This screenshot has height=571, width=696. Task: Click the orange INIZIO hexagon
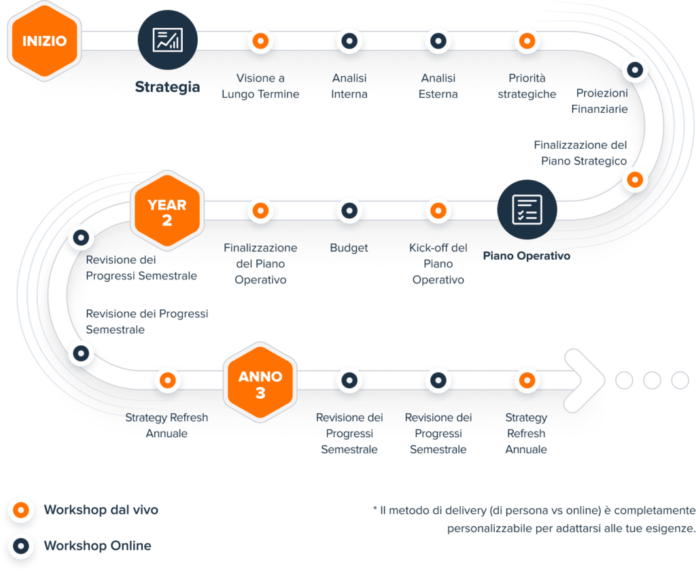click(x=44, y=41)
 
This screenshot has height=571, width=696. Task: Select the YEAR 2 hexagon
click(x=167, y=211)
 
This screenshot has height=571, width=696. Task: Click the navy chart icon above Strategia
click(x=167, y=39)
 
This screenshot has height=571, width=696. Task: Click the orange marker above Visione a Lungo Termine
click(x=259, y=41)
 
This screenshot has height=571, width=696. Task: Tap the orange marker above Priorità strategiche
click(x=526, y=41)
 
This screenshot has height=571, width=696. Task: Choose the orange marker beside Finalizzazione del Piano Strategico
click(x=634, y=179)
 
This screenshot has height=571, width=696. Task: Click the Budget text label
click(x=349, y=248)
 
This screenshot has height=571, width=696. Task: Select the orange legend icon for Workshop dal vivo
click(x=22, y=510)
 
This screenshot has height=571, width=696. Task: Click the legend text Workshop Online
click(x=97, y=546)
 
